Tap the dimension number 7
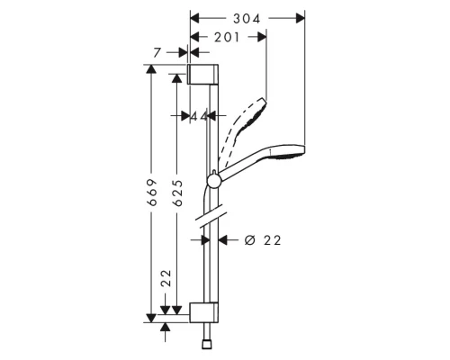(157, 53)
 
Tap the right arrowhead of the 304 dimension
(301, 17)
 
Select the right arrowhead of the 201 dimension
(262, 36)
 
